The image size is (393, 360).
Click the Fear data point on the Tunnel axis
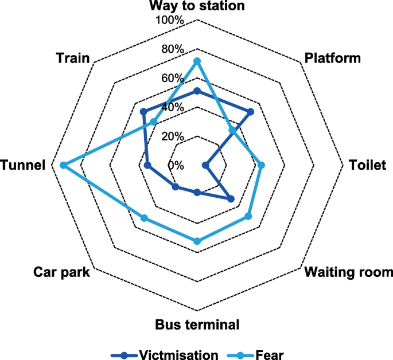click(63, 165)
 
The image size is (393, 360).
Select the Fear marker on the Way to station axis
click(197, 61)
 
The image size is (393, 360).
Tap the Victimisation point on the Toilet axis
click(206, 165)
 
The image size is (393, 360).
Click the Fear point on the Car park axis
click(144, 218)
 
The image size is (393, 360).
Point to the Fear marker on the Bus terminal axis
click(197, 241)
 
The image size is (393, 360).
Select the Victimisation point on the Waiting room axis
click(231, 199)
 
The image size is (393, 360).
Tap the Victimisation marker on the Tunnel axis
click(147, 165)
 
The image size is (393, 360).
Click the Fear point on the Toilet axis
click(261, 165)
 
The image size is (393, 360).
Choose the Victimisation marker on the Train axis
click(143, 111)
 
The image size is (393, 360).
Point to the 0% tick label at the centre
click(176, 165)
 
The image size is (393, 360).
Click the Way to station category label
click(197, 6)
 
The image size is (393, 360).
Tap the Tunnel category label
click(23, 165)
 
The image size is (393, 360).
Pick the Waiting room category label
click(349, 272)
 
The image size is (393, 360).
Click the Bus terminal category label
click(197, 325)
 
